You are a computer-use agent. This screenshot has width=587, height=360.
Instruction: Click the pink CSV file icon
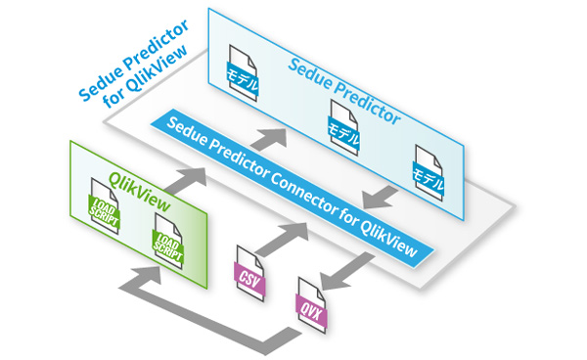pos(249,274)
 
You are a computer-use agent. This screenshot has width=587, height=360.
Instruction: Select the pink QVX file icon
pos(311,305)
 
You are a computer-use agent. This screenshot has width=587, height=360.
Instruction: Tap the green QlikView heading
pos(140,191)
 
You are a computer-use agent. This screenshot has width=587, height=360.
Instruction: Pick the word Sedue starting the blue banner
pos(186,131)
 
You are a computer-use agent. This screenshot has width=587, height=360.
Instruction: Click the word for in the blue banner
pos(349,217)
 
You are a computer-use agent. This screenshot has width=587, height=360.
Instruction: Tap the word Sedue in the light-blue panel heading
pos(310,73)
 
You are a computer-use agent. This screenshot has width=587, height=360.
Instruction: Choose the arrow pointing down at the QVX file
pos(346,271)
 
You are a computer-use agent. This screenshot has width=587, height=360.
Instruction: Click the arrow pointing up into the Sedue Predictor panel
pos(269,139)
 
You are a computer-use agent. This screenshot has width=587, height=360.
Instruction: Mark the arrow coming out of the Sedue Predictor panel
pos(380,198)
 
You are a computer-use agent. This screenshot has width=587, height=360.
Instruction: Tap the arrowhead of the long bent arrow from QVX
pos(147,275)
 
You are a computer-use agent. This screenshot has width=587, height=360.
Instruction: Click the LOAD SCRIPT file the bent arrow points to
pos(168,242)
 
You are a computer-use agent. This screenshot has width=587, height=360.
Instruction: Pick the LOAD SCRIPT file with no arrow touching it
pos(105,206)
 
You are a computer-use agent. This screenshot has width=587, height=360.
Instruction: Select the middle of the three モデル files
pos(343,128)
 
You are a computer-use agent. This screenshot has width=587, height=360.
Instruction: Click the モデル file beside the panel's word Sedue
pos(243,73)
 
